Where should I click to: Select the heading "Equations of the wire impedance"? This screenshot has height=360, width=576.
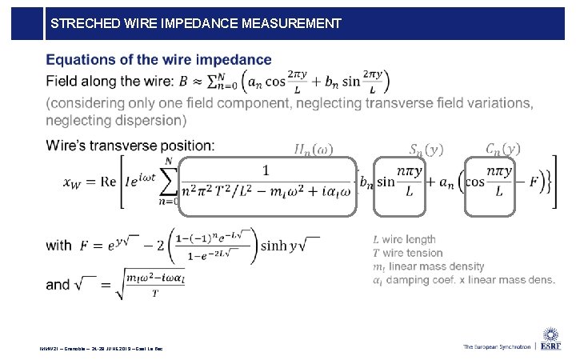click(158, 59)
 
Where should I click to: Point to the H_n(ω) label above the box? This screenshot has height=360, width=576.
click(314, 149)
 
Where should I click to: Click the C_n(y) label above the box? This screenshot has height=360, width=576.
click(503, 148)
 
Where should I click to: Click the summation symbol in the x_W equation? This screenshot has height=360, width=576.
click(169, 182)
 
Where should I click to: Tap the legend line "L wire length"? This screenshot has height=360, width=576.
click(404, 239)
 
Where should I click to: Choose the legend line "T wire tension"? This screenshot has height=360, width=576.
click(406, 253)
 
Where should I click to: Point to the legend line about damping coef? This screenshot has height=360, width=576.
click(463, 280)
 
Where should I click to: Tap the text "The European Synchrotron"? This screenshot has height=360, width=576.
click(496, 347)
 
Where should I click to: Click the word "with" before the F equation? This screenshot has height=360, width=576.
click(59, 245)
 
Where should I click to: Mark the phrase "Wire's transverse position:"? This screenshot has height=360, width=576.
click(130, 146)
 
